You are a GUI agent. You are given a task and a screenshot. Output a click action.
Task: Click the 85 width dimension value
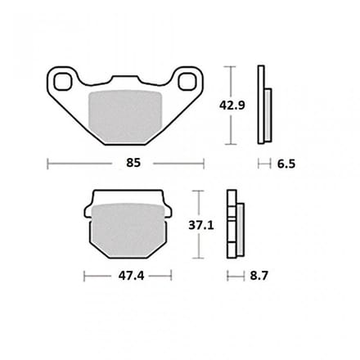tap(133, 163)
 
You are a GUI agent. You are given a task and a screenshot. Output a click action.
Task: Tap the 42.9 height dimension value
tap(232, 106)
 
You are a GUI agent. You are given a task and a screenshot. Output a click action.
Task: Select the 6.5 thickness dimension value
tap(286, 164)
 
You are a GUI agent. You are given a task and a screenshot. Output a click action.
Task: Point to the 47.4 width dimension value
tap(131, 276)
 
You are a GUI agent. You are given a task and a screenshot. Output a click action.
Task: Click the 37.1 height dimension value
tap(201, 225)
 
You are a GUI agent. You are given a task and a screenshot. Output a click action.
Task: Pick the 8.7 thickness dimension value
tap(259, 276)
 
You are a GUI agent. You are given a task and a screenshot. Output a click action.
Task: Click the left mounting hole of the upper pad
tap(63, 82)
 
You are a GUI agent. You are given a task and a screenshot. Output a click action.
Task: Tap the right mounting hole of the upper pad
tap(187, 82)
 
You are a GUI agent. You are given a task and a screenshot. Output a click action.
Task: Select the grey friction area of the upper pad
tap(125, 117)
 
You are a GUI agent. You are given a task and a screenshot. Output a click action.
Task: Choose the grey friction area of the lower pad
tap(128, 231)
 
